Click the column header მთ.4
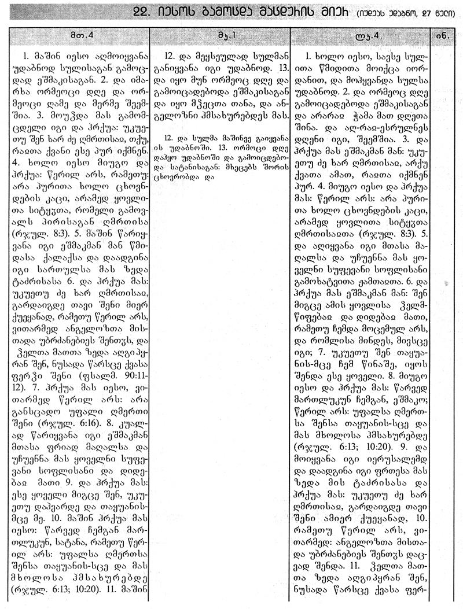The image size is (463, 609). point(75,35)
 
